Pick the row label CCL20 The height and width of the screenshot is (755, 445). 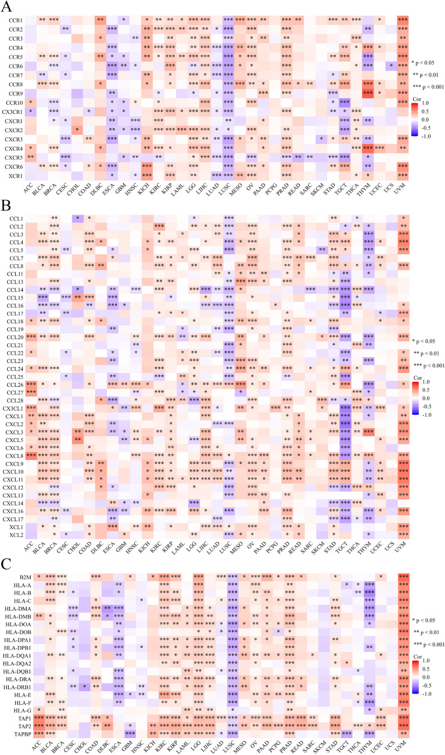(15, 337)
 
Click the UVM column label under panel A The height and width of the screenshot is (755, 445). (402, 188)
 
